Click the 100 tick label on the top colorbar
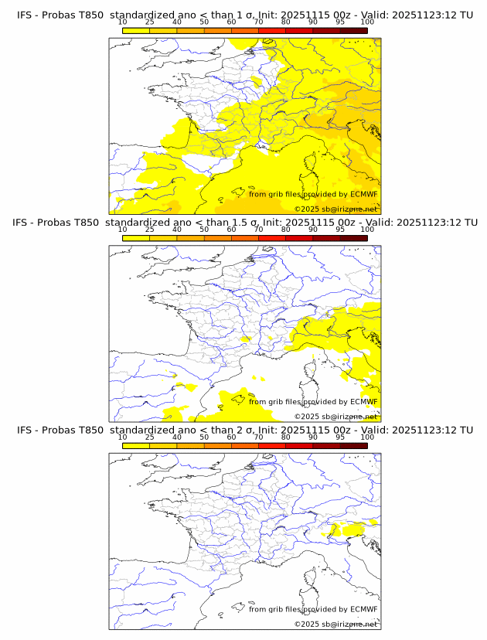367,22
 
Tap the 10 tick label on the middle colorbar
122,230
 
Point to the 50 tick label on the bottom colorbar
204,437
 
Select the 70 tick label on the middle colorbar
258,230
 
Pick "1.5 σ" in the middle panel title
245,222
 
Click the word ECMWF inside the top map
363,194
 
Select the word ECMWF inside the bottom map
363,609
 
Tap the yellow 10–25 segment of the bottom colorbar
136,445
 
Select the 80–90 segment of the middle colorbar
299,238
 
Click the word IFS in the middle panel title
26,222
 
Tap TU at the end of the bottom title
466,430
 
